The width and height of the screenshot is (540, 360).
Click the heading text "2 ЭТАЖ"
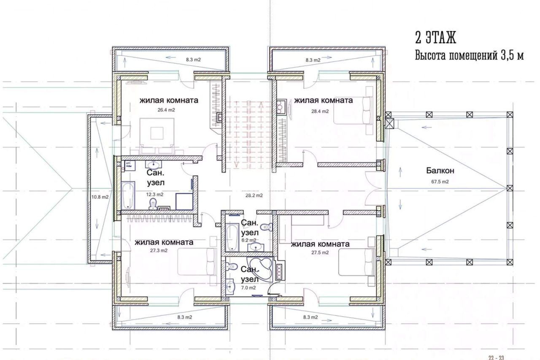(x=436, y=38)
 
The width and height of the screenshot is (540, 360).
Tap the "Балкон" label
(x=440, y=171)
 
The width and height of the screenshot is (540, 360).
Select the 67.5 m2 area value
(x=440, y=181)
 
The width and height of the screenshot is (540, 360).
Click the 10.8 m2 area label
(x=100, y=197)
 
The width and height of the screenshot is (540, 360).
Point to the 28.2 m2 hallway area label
(x=254, y=195)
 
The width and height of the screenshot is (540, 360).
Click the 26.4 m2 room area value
(x=166, y=110)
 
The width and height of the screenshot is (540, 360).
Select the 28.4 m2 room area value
(x=320, y=111)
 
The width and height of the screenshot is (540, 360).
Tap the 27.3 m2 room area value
(x=159, y=251)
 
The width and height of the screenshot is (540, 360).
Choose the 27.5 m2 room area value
(x=320, y=253)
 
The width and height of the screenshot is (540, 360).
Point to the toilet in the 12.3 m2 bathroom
(x=153, y=204)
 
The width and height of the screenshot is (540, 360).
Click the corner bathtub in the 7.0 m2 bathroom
(x=262, y=269)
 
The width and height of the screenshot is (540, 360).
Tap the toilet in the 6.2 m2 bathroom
(x=267, y=227)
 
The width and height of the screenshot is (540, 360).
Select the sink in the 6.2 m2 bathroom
(x=256, y=247)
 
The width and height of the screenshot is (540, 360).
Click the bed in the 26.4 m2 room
(x=157, y=136)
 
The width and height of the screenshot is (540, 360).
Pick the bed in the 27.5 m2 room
(x=357, y=263)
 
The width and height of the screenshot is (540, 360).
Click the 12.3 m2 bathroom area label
(x=155, y=195)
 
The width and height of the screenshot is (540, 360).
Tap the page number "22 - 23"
(x=497, y=357)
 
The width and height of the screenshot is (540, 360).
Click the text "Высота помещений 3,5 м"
(x=470, y=56)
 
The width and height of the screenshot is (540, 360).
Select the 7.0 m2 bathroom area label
(x=248, y=288)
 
